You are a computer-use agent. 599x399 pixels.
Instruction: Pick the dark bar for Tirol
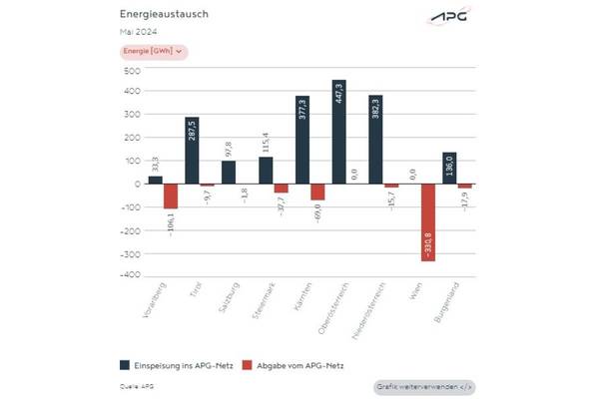coord(192,151)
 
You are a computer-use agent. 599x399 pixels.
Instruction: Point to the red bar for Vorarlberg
coord(171,196)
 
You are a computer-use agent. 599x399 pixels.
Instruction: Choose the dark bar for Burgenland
coord(448,168)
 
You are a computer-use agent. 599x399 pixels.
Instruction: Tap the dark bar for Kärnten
coord(301,140)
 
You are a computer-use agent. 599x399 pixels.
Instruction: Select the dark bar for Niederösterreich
coord(374,139)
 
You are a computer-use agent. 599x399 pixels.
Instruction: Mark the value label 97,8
coord(229,148)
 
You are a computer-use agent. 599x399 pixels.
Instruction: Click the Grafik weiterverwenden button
coord(424,385)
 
